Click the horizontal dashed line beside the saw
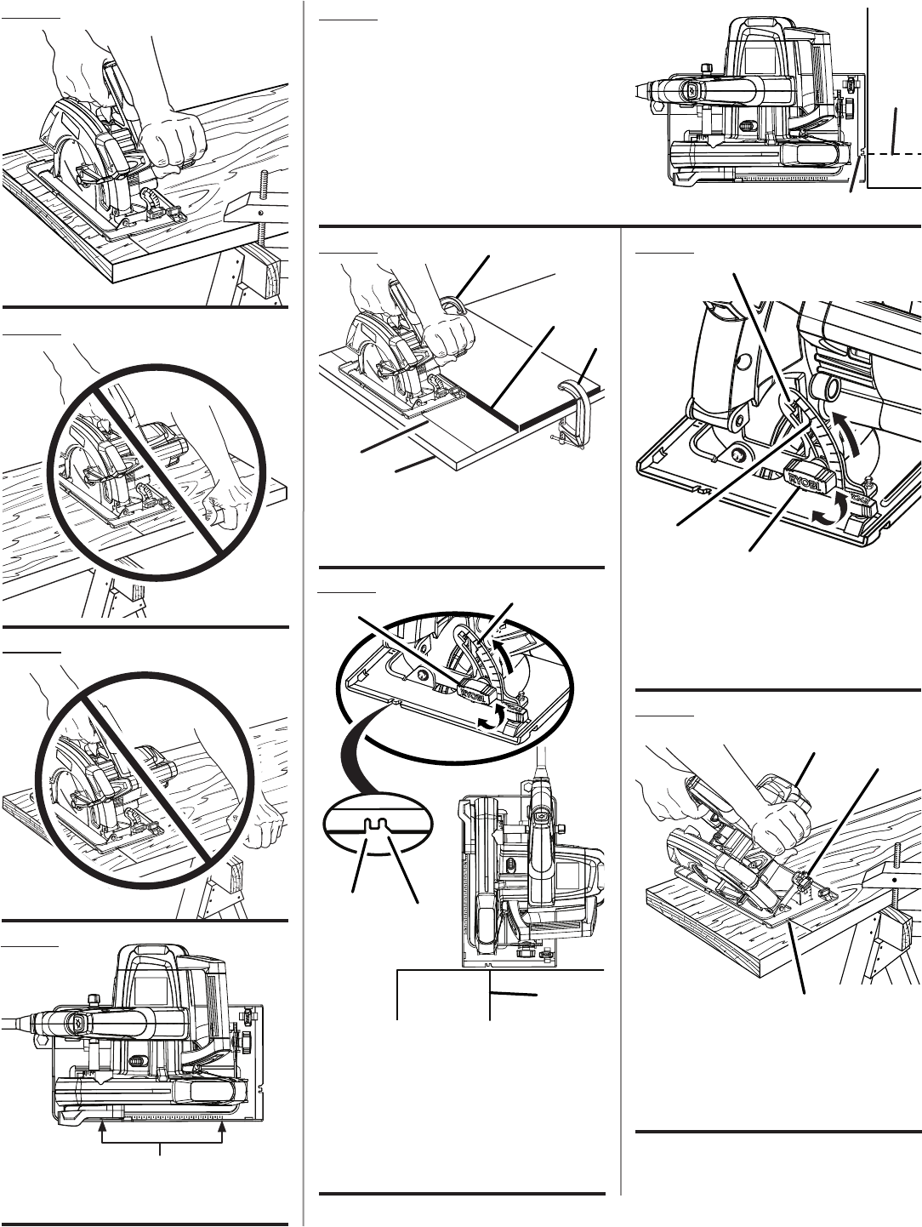[x=893, y=153]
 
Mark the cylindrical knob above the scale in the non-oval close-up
[x=823, y=388]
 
